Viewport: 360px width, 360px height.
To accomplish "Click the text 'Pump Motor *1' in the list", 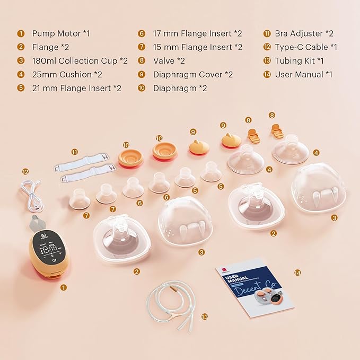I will pyautogui.click(x=61, y=33).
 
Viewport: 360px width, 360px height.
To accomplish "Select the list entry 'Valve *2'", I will pyautogui.click(x=169, y=61).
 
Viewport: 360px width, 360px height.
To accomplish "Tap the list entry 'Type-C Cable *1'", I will pyautogui.click(x=306, y=47).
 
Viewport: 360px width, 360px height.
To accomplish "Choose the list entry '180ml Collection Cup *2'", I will pyautogui.click(x=80, y=61).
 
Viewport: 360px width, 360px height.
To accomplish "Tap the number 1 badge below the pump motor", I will pyautogui.click(x=64, y=287).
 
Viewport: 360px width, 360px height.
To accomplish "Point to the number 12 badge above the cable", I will pyautogui.click(x=25, y=171).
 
